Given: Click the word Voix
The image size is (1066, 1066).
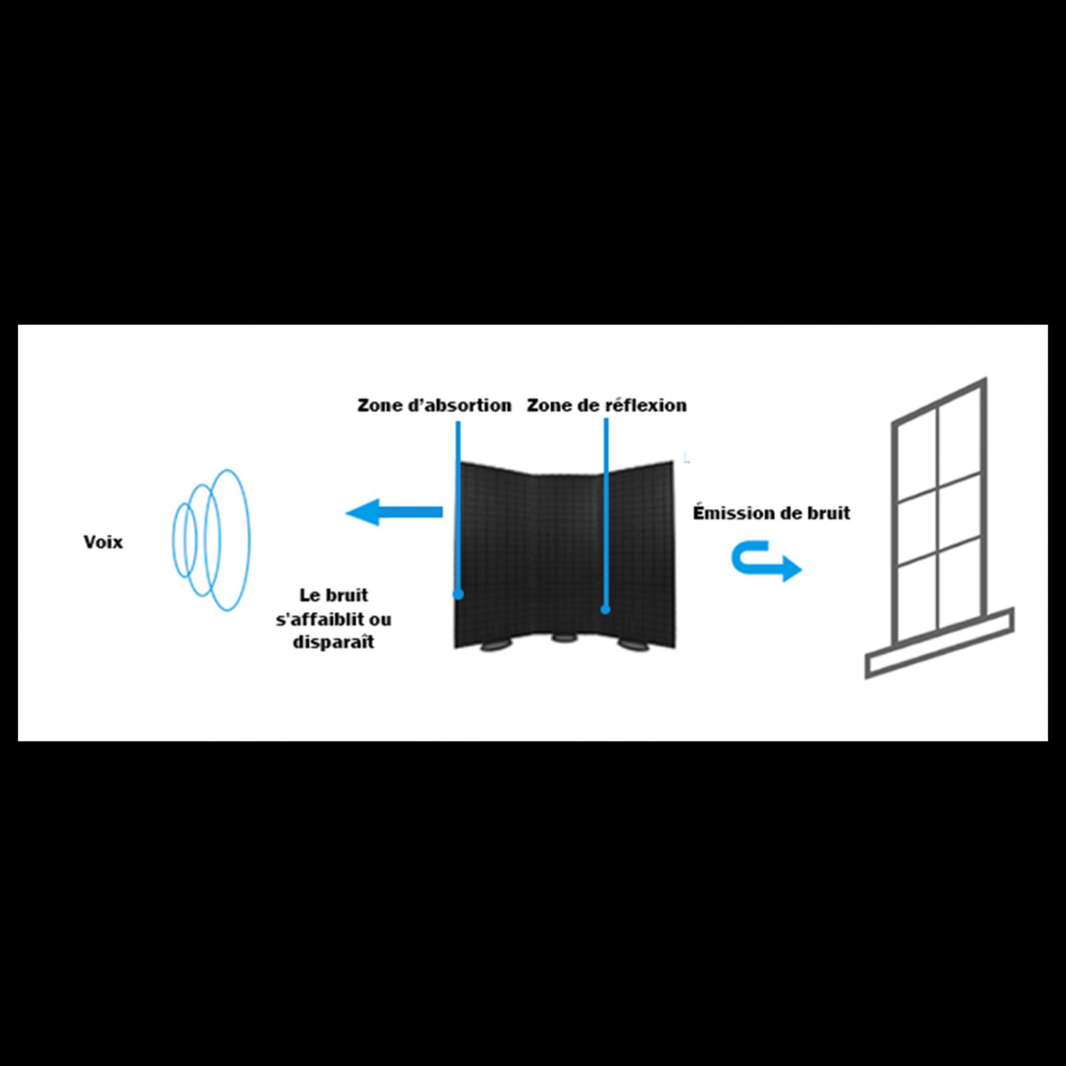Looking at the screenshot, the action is tap(103, 542).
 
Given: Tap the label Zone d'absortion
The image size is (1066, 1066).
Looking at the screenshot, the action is tap(434, 405).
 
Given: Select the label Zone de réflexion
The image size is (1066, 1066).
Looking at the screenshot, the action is tap(606, 405).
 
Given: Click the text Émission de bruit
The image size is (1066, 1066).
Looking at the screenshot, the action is tap(772, 512).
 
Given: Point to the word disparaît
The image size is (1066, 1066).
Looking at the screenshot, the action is tap(333, 642).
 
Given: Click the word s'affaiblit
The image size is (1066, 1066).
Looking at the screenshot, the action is tap(318, 619).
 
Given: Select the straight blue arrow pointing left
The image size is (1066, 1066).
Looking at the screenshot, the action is tap(394, 512).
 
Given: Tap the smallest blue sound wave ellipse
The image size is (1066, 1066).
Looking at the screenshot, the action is tap(174, 540).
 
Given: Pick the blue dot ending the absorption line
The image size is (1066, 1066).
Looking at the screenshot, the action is tap(458, 594).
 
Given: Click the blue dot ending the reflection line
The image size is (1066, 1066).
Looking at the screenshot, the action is tap(605, 609).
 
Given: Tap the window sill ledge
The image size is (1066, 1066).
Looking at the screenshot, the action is tap(939, 644).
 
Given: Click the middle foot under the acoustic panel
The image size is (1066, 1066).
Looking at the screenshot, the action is tap(564, 638).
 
